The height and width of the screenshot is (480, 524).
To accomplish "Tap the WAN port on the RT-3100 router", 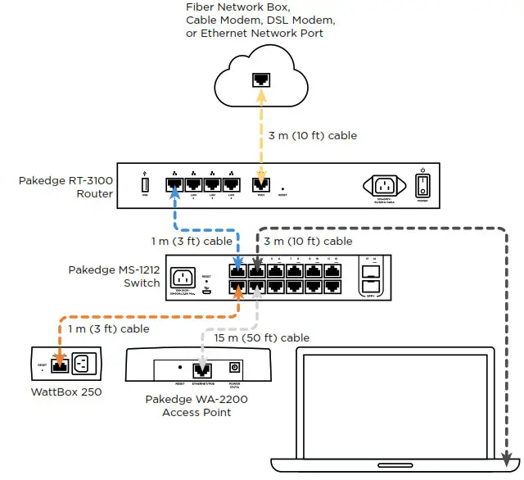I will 261,185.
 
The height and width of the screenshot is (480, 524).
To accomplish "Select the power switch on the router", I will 422,185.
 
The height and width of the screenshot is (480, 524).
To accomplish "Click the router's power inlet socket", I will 382,185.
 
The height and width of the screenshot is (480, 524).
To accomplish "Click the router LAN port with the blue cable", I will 174,185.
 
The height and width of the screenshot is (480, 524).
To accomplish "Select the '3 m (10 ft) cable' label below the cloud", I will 313,135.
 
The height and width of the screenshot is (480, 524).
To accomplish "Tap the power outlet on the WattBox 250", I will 86,363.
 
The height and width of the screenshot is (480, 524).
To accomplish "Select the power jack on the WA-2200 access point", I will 236,369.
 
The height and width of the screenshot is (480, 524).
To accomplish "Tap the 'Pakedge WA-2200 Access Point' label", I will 196,405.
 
